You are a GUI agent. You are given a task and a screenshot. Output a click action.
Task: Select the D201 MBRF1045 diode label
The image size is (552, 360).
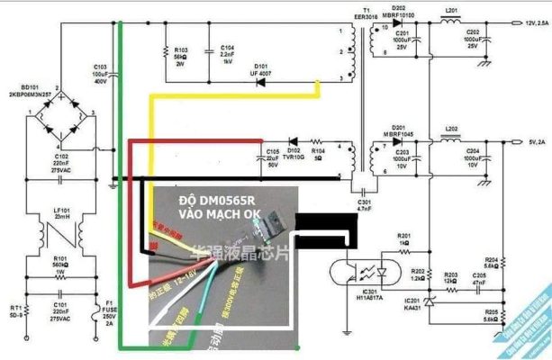(403, 131)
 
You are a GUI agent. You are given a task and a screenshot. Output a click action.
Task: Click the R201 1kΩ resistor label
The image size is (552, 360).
(403, 238)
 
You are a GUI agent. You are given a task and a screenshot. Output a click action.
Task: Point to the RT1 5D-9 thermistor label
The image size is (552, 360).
(14, 310)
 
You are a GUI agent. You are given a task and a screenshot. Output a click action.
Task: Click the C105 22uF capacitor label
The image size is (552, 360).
(273, 158)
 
